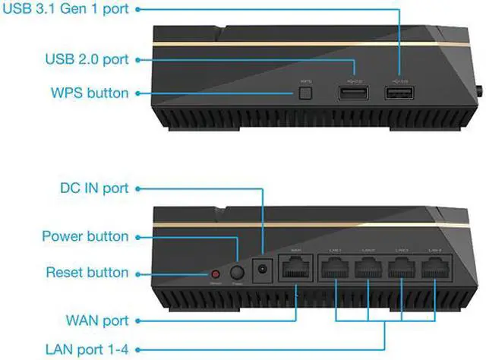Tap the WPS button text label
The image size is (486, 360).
pyautogui.click(x=90, y=93)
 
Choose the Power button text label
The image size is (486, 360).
pyautogui.click(x=86, y=236)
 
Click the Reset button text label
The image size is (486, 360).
pyautogui.click(x=87, y=272)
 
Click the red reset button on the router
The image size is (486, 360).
pyautogui.click(x=216, y=272)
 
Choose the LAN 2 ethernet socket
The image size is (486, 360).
pyautogui.click(x=368, y=267)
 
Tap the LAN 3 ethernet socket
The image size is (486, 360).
pyautogui.click(x=402, y=267)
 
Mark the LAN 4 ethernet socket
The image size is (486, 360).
pyautogui.click(x=434, y=267)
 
